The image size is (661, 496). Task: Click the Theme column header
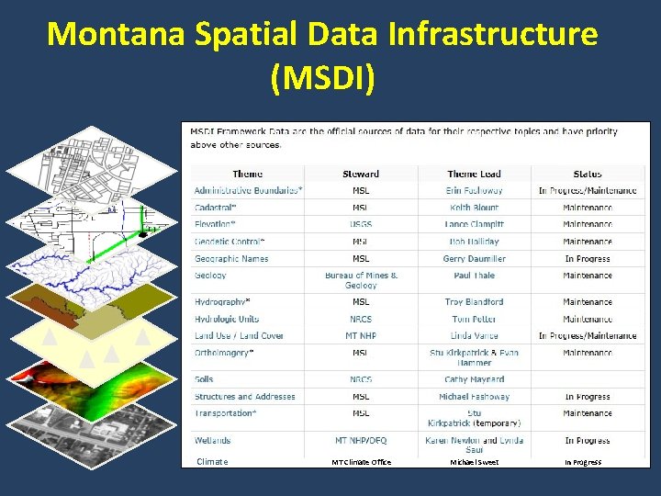(x=247, y=174)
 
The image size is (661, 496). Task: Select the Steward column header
(x=361, y=174)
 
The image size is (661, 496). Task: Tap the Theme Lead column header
(x=475, y=174)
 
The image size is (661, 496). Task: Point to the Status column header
(x=588, y=174)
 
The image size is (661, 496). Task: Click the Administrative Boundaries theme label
(x=248, y=191)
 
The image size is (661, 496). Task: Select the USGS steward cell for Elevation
(x=361, y=225)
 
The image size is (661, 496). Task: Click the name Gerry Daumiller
(x=475, y=259)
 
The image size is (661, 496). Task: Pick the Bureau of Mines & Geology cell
(x=361, y=280)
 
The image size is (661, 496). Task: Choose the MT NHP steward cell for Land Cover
(x=361, y=336)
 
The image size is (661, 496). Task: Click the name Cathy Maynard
(x=475, y=379)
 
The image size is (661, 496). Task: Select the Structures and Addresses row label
(x=244, y=397)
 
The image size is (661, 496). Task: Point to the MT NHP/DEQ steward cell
(x=361, y=441)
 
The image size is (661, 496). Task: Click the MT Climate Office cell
(x=361, y=462)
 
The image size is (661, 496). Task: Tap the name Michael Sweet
(x=475, y=462)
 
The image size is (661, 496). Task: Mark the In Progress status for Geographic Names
(x=588, y=259)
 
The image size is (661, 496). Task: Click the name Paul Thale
(x=475, y=276)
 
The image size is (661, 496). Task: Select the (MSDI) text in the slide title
(x=323, y=79)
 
